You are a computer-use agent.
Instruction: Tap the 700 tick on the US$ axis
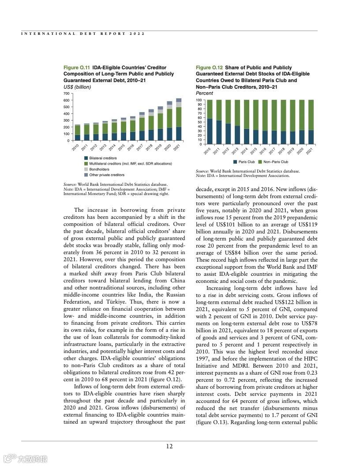66,94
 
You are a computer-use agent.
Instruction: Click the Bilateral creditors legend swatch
86,158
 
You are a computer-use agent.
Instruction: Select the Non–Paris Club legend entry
276,162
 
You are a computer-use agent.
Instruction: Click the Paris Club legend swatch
235,162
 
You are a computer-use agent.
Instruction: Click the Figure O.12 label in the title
209,68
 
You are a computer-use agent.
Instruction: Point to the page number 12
169,446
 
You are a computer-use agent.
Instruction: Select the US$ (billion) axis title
77,87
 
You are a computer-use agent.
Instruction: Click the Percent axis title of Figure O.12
204,94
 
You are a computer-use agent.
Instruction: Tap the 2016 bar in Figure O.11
132,129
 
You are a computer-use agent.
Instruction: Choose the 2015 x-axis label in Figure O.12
254,150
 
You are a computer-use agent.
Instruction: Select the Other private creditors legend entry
107,175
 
